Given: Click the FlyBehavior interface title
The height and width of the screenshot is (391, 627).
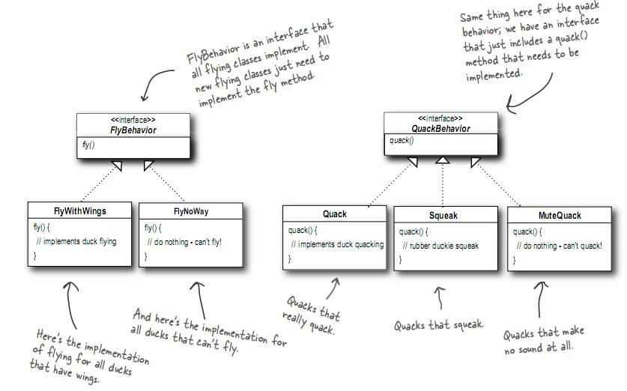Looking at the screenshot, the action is coord(133,130).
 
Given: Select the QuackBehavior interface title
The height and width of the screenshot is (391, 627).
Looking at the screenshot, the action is coord(440,129).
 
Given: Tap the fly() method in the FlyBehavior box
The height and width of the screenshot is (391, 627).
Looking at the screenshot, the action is coord(88,145).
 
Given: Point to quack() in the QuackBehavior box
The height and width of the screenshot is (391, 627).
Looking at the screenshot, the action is coord(402,140).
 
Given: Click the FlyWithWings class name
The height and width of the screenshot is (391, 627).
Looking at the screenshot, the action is coord(80,211).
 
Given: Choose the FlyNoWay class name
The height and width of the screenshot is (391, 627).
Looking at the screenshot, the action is coord(191,211).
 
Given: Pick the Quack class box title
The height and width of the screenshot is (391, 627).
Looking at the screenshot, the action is coord(335,214).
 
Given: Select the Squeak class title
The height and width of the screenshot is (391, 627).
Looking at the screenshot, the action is coord(443,216).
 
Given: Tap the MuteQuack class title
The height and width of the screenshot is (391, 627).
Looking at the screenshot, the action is coord(560,216).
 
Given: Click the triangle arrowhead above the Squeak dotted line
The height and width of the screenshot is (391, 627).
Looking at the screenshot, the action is coord(442,160).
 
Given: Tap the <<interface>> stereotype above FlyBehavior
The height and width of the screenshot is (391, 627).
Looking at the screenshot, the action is coord(133,120).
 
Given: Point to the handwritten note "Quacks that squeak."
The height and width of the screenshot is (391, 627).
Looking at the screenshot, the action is coord(439,325).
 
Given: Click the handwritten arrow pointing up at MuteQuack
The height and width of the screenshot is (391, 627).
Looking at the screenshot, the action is coord(540,299).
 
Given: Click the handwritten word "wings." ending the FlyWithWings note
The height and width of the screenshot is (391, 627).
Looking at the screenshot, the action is coord(86,378).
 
